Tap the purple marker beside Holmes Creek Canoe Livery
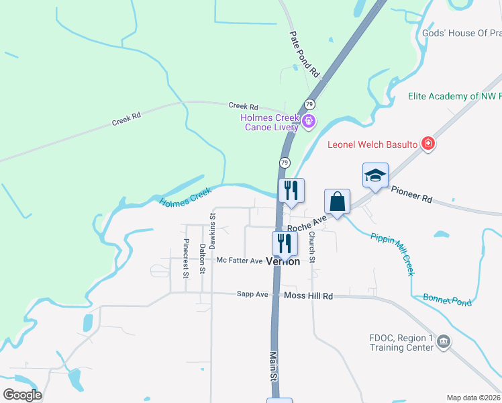pyautogui.click(x=309, y=122)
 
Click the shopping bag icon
pyautogui.click(x=337, y=201)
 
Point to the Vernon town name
pyautogui.click(x=283, y=261)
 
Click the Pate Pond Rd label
pyautogui.click(x=305, y=54)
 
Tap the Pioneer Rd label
pyautogui.click(x=411, y=195)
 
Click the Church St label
pyautogui.click(x=312, y=247)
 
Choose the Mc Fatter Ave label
pyautogui.click(x=239, y=261)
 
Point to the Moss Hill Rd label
pyautogui.click(x=308, y=296)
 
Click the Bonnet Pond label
pyautogui.click(x=447, y=300)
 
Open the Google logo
pyautogui.click(x=22, y=394)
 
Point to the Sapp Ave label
pyautogui.click(x=252, y=294)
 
